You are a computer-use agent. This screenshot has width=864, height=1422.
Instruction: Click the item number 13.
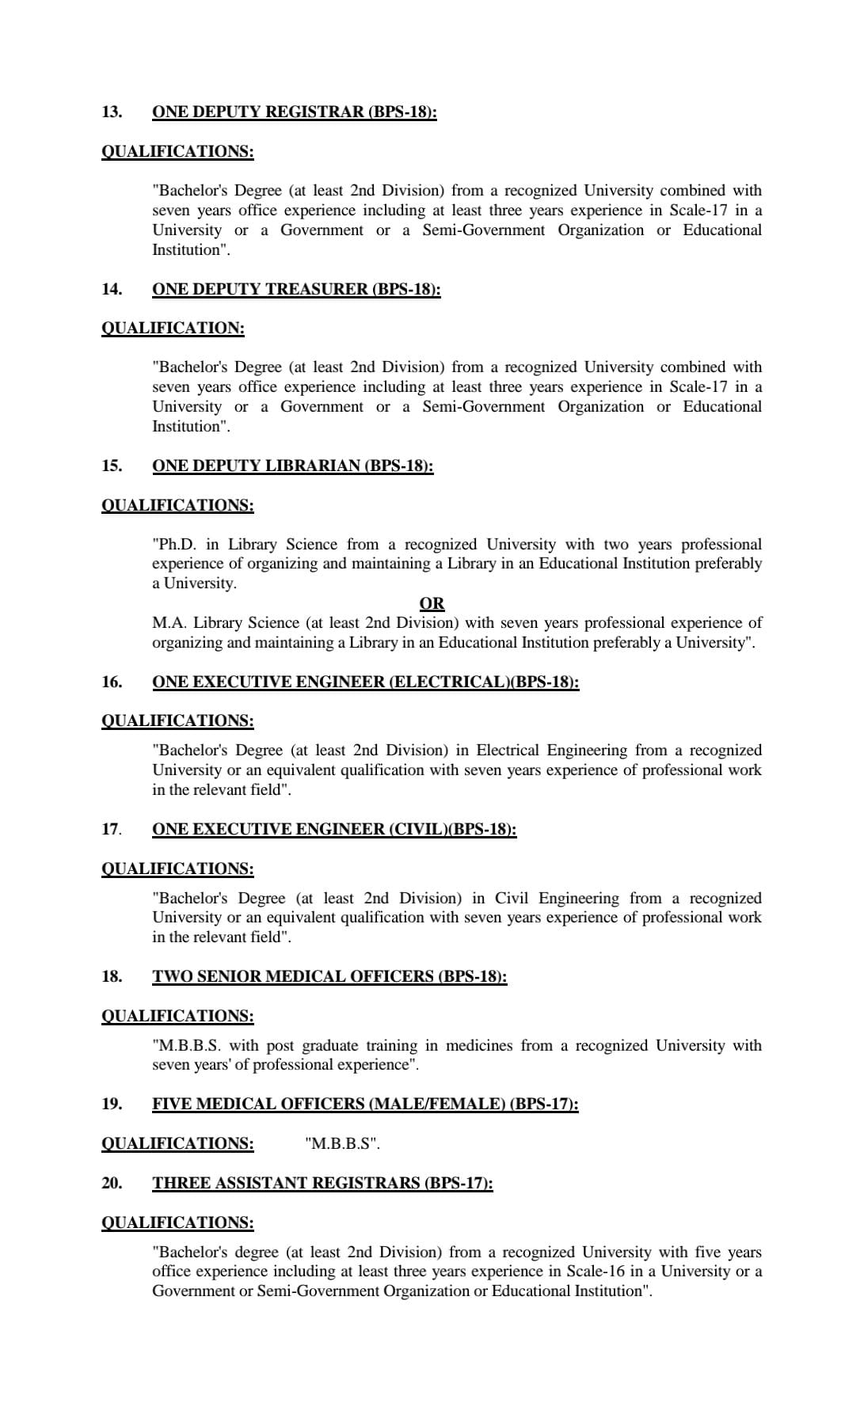112,112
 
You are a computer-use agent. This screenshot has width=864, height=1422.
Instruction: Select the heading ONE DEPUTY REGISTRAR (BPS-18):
294,112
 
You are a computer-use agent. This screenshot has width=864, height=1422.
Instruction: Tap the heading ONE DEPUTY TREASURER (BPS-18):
296,289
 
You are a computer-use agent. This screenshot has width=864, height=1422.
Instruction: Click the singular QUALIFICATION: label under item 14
173,328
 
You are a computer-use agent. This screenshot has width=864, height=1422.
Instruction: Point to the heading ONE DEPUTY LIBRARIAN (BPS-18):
292,466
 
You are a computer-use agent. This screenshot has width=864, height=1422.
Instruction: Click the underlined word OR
432,603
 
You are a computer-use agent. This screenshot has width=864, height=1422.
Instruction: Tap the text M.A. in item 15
169,623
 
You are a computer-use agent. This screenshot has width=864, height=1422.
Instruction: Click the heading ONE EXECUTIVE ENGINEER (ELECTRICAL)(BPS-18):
365,682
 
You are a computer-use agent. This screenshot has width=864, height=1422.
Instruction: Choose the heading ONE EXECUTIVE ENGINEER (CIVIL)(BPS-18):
334,829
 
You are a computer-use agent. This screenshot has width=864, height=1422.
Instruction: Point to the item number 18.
112,976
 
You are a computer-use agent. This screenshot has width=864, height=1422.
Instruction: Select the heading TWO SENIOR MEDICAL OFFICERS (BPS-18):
329,976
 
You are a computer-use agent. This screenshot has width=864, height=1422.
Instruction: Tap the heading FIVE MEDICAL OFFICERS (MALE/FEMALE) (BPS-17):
365,1104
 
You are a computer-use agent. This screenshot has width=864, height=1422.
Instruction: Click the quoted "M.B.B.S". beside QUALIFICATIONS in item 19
342,1143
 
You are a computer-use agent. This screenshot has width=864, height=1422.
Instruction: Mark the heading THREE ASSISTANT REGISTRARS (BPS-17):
322,1183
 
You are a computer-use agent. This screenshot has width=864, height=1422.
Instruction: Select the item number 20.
112,1183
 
